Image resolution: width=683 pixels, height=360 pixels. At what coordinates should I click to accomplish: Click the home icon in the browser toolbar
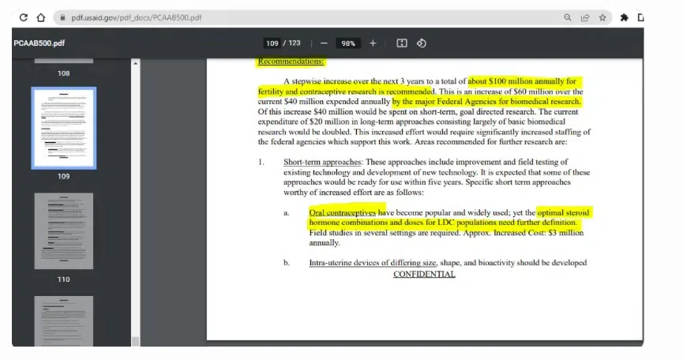point(40,17)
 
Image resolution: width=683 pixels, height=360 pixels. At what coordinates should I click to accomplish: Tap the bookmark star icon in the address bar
point(602,17)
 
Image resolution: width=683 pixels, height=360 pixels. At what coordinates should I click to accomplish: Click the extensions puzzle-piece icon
point(625,17)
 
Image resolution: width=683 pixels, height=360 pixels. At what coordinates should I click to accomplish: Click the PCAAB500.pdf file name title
point(39,43)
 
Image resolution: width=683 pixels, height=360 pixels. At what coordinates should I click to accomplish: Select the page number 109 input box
point(272,43)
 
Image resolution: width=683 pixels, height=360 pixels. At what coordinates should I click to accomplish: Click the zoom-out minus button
point(324,43)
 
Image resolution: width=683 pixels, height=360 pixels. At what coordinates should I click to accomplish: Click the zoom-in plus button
point(373,43)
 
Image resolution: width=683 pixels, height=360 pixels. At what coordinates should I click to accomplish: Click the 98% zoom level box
point(348,43)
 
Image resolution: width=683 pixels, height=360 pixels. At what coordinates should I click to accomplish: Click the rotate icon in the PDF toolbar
point(421,43)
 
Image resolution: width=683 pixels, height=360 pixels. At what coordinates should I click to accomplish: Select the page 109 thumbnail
point(63,127)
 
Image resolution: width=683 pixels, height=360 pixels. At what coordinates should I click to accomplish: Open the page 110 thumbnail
point(63,231)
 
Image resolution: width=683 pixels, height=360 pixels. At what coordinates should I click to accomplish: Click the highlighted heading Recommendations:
point(291,62)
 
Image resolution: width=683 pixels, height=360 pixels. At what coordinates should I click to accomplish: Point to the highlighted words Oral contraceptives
point(343,213)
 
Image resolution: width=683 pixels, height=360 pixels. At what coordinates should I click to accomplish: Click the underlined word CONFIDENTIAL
point(424,274)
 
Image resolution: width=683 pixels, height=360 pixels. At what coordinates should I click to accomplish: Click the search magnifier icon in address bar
point(568,17)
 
